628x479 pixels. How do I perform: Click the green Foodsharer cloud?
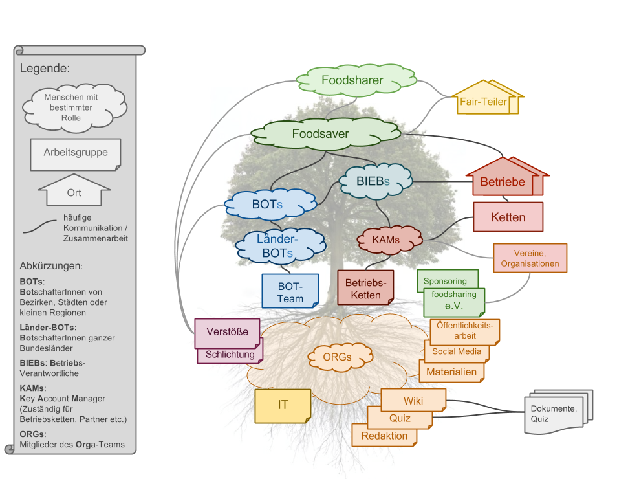tap(352, 80)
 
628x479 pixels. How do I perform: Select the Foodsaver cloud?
tap(321, 134)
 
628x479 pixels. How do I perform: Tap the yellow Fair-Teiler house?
tap(484, 101)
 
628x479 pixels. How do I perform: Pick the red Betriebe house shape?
tap(503, 181)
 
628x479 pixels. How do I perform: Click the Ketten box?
tap(508, 217)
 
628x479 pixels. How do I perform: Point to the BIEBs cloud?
tap(373, 181)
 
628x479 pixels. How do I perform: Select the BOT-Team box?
tap(290, 291)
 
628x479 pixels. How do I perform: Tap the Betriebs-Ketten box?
tap(365, 289)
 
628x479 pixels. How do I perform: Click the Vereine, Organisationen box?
tap(530, 258)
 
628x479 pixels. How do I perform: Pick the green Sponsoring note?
tap(446, 281)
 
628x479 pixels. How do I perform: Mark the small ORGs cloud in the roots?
tap(336, 357)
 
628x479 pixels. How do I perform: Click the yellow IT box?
tap(283, 405)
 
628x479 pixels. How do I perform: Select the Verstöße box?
tap(227, 333)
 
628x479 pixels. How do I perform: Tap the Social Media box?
tap(457, 352)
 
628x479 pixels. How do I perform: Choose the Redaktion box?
tap(384, 436)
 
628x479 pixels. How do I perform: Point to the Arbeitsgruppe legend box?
tap(76, 153)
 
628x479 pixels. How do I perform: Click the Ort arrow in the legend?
tap(74, 192)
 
